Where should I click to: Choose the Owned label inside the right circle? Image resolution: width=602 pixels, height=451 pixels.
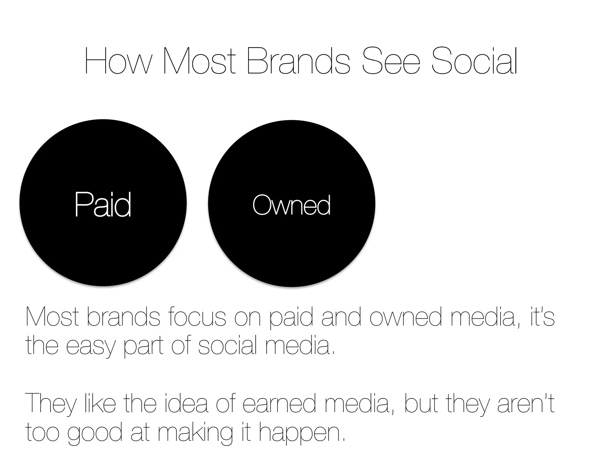[x=291, y=205]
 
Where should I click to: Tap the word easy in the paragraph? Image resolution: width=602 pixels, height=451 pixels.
[x=90, y=346]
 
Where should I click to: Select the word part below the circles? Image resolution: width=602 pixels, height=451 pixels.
[x=143, y=346]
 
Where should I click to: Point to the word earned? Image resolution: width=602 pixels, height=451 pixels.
[x=280, y=404]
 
